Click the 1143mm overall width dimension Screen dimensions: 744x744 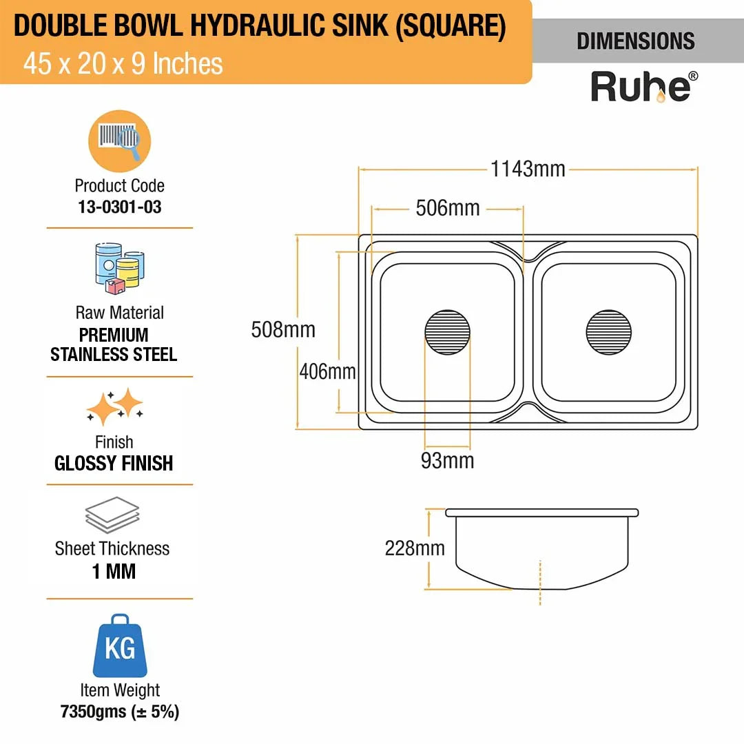point(528,169)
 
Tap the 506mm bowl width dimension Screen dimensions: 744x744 point(448,208)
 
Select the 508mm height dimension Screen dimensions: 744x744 point(283,330)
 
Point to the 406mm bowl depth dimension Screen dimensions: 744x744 point(327,371)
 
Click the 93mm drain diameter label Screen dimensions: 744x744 point(448,461)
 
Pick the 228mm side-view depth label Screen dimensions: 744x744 point(415,548)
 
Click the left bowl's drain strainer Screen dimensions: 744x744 point(448,332)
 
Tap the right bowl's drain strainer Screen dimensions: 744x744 point(609,332)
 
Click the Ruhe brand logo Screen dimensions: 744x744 point(644,87)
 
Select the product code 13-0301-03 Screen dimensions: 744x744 point(120,207)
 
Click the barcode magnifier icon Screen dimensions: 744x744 point(120,141)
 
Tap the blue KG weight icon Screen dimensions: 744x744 point(120,645)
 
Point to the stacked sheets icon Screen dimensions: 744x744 point(112,515)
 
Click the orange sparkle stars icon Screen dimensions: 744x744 point(115,406)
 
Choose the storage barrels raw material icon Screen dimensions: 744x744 point(120,268)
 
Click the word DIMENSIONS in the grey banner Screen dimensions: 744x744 point(636,41)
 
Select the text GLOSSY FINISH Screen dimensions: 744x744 point(114,463)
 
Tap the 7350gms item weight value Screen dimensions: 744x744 point(93,712)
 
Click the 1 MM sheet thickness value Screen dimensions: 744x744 point(114,571)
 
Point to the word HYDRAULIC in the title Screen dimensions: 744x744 point(258,25)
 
